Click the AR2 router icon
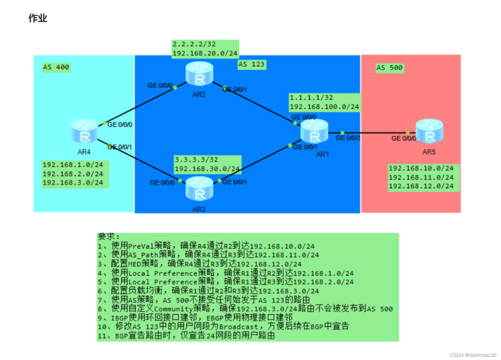(x=200, y=74)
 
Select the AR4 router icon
(x=84, y=131)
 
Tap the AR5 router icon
(x=430, y=131)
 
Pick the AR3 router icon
(x=200, y=189)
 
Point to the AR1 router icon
(x=315, y=131)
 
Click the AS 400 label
(x=56, y=67)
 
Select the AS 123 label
(x=252, y=64)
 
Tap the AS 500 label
(x=390, y=67)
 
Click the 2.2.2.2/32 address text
(x=194, y=44)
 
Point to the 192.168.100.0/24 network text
(x=325, y=107)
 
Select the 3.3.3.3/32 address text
(x=196, y=160)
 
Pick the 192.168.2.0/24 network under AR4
(x=73, y=174)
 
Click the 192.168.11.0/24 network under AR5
(x=421, y=177)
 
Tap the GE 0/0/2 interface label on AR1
(x=348, y=138)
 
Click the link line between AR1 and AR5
(x=372, y=133)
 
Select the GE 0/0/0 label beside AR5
(x=404, y=138)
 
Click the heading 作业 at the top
(x=38, y=18)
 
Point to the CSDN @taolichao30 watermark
(x=473, y=355)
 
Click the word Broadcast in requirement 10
(x=239, y=327)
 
